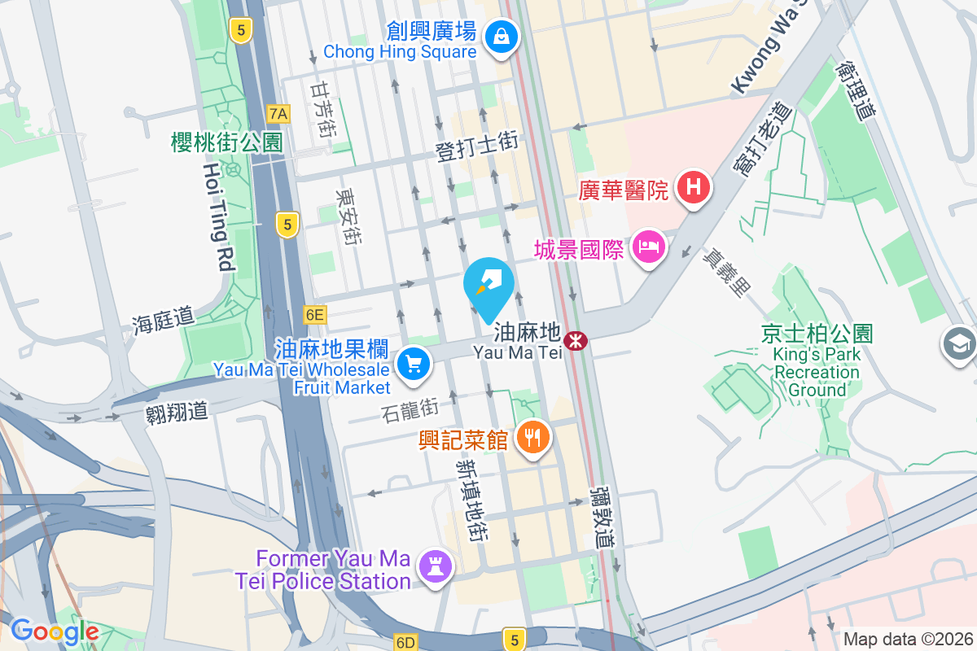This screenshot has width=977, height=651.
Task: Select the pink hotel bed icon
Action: tap(648, 245)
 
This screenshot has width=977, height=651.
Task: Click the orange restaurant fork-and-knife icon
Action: tap(533, 439)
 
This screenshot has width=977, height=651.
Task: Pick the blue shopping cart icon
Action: tap(414, 363)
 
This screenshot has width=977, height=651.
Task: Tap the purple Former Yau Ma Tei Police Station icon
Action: tap(433, 565)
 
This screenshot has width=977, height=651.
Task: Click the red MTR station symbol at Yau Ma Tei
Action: tap(576, 340)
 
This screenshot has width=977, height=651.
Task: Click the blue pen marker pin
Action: tap(488, 285)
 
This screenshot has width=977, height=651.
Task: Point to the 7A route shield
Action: tap(278, 112)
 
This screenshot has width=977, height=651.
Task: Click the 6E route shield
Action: tap(314, 314)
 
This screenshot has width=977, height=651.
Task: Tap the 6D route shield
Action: tap(405, 642)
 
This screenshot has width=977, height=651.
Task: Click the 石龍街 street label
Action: tap(409, 409)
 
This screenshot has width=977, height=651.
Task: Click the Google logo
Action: tap(55, 631)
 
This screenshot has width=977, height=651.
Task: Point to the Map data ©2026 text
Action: tap(907, 639)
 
